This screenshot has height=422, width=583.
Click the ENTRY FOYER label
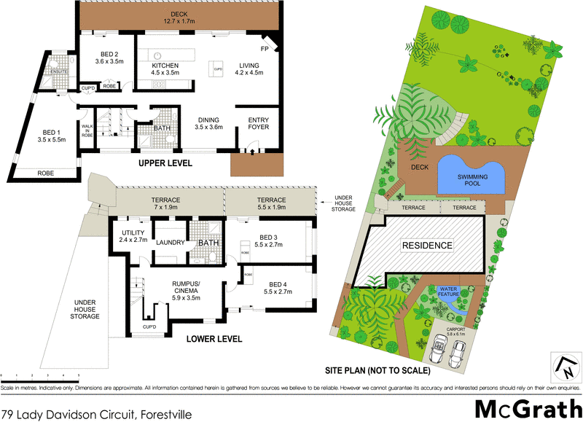pyautogui.click(x=259, y=124)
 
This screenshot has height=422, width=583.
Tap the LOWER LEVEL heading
pyautogui.click(x=213, y=339)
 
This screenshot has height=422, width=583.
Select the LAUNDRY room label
pyautogui.click(x=170, y=243)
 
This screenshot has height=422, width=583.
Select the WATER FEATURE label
pyautogui.click(x=448, y=292)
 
